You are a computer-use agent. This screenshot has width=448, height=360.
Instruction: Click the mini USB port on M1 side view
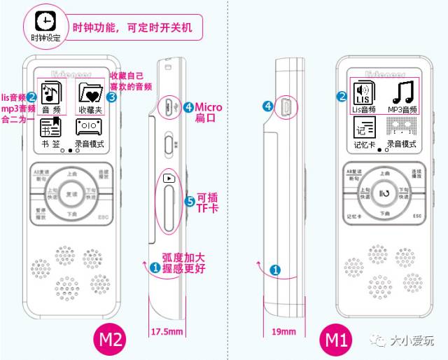(286, 106)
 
